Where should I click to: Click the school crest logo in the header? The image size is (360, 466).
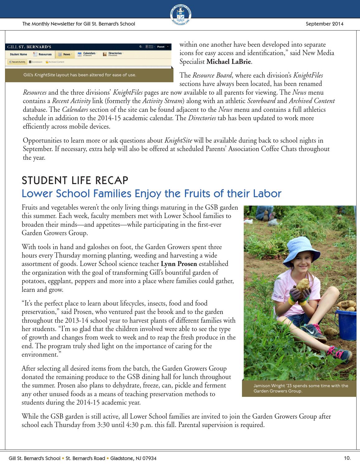click(x=181, y=15)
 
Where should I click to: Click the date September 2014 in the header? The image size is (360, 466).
click(x=324, y=24)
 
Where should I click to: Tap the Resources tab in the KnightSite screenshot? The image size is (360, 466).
click(x=43, y=55)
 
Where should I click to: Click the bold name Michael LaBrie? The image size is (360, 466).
click(x=228, y=62)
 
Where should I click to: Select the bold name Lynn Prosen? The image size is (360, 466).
click(x=179, y=264)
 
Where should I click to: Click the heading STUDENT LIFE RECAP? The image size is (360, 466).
click(x=75, y=180)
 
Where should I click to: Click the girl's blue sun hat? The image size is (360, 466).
click(x=291, y=249)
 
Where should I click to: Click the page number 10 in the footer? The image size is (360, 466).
click(x=347, y=458)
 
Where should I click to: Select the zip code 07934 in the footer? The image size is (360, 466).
click(x=149, y=458)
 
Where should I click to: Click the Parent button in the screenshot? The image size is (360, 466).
click(x=161, y=47)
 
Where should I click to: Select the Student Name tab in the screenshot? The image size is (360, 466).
click(x=18, y=55)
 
